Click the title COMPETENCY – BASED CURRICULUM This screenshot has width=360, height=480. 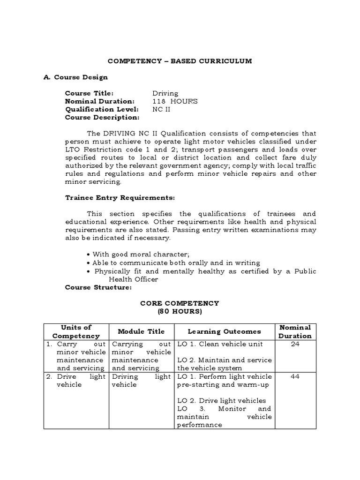180,61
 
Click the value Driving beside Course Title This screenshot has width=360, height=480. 165,93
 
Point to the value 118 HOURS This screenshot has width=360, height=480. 175,101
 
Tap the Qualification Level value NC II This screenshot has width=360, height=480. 160,109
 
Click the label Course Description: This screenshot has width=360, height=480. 102,117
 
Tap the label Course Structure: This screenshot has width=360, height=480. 98,287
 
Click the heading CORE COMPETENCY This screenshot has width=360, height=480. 180,303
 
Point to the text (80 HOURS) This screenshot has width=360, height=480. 180,311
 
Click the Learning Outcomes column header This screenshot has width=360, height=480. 224,331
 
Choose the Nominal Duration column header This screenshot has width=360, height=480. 295,331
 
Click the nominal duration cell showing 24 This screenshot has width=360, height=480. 295,344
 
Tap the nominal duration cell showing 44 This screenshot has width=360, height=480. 295,376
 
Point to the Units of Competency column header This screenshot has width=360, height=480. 76,331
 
